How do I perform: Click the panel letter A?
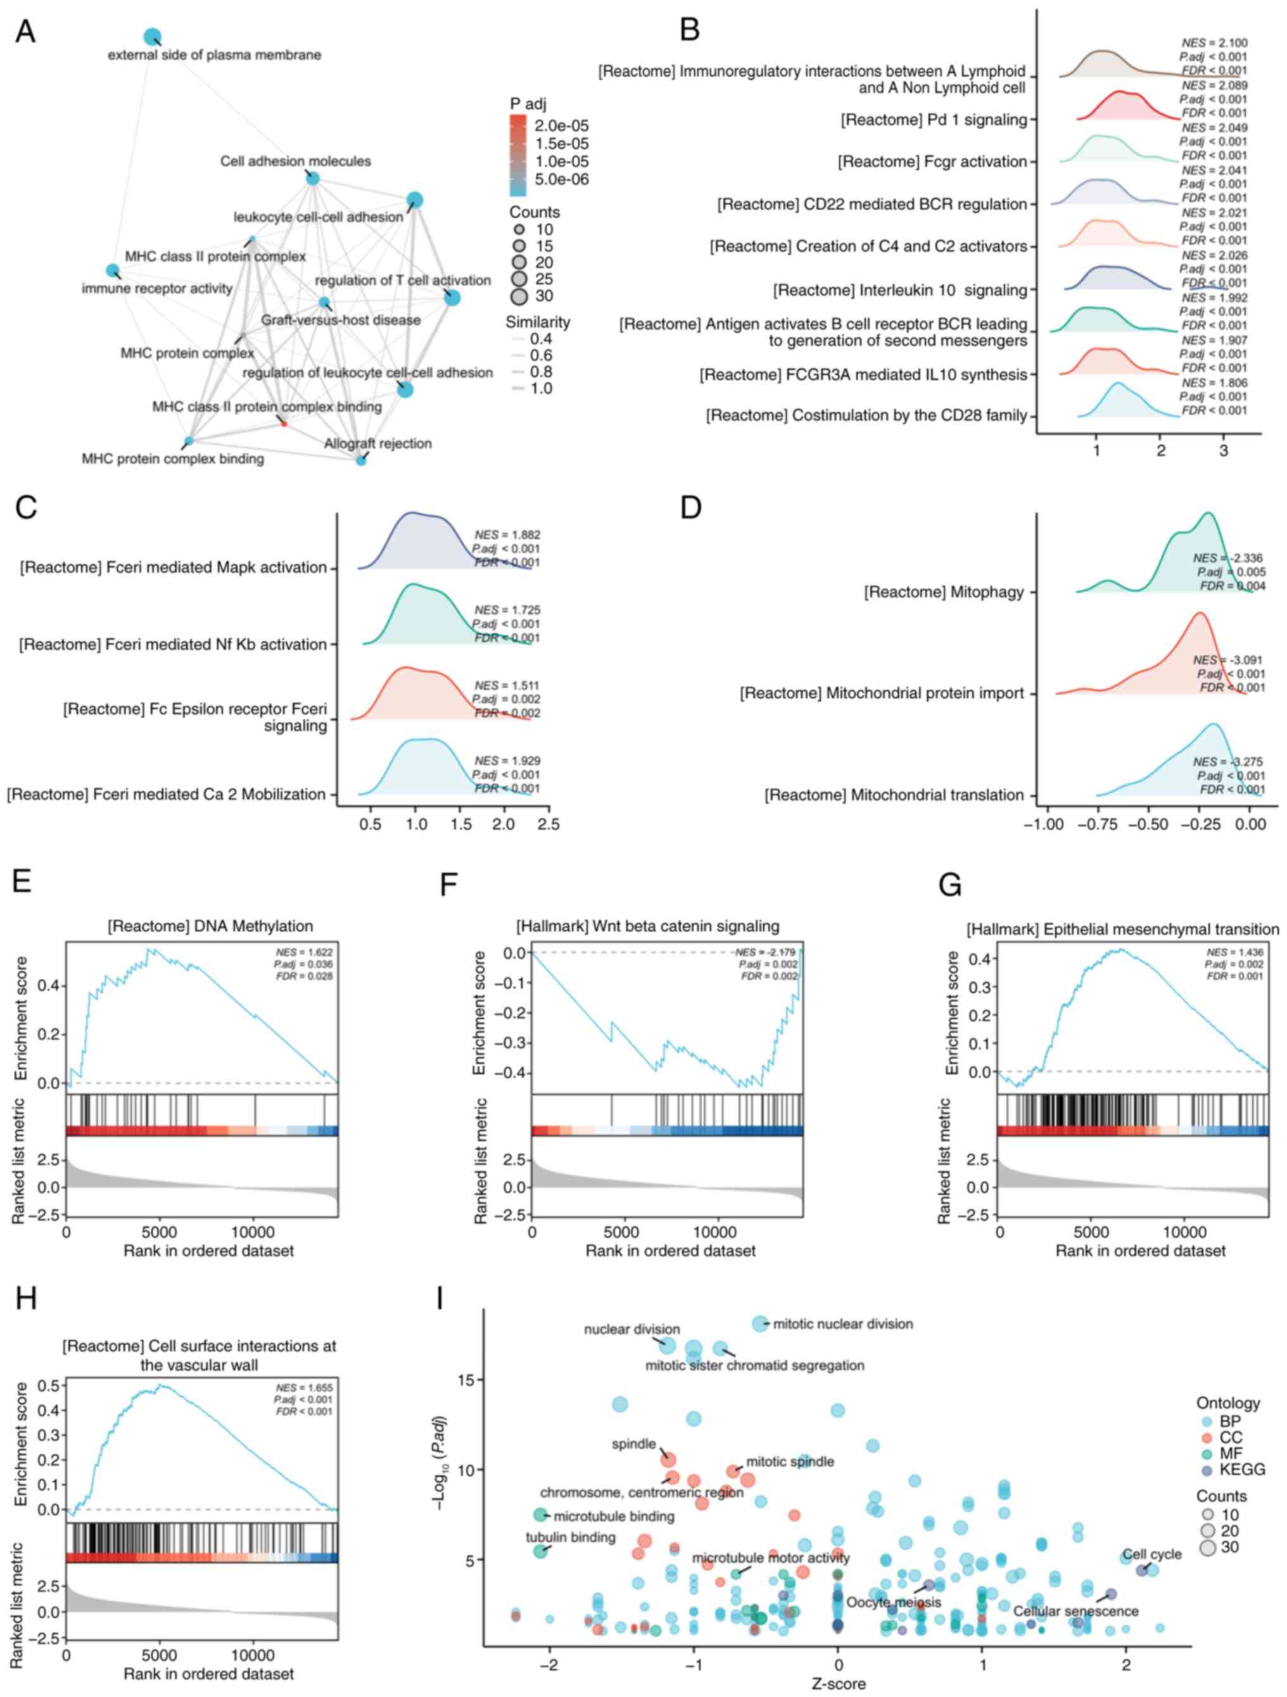point(25,32)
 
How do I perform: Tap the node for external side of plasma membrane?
point(152,36)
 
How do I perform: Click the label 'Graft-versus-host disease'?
point(341,320)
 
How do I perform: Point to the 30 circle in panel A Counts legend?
point(519,296)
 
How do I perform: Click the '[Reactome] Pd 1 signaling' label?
point(933,120)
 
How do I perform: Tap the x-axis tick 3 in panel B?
point(1223,450)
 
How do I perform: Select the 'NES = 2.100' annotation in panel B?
point(1214,43)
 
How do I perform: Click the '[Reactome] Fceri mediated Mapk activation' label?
point(174,567)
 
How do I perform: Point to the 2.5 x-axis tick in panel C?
point(548,824)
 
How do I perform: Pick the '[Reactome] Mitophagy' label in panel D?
point(943,591)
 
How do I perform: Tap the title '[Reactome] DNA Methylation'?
point(210,925)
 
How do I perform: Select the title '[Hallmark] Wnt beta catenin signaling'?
point(648,925)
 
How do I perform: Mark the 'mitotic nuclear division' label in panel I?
point(842,1323)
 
